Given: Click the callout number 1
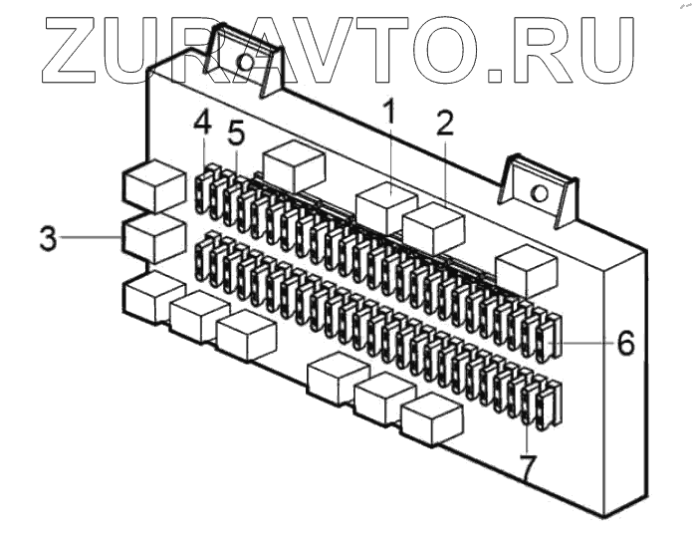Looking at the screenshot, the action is (x=390, y=112).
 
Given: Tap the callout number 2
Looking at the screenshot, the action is (x=445, y=123).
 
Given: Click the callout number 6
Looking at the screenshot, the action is (x=624, y=342).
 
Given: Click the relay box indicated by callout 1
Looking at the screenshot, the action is (x=385, y=206).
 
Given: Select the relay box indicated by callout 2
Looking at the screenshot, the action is (x=433, y=228).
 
